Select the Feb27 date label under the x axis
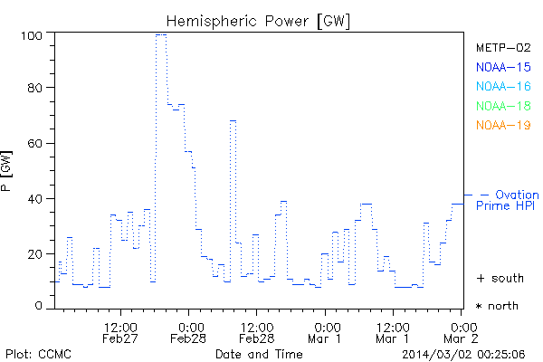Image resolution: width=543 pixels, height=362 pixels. point(120,338)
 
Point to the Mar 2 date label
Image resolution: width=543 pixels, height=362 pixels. point(462,338)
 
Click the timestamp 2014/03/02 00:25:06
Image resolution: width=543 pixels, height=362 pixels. point(464,353)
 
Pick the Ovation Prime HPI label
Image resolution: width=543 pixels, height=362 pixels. point(507,201)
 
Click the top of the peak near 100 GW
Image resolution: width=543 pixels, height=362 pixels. point(160,35)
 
